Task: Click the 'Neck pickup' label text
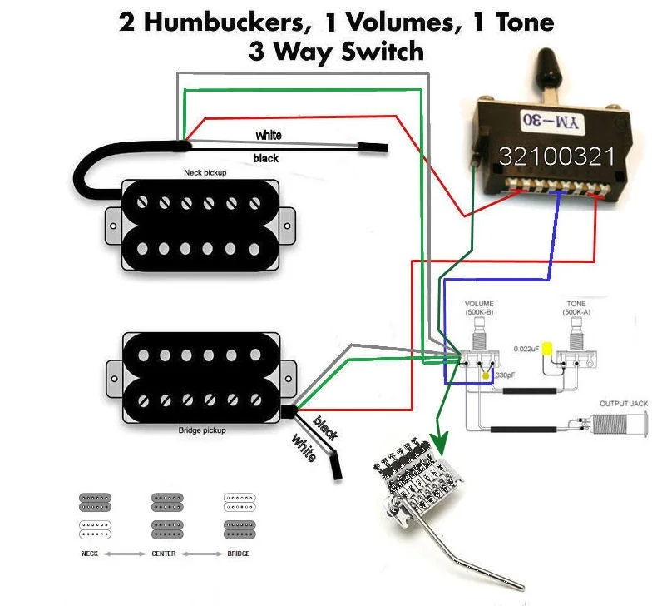[x=205, y=173]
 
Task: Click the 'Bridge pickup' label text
[x=202, y=430]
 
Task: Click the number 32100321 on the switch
[x=556, y=156]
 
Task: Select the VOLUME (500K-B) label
[x=479, y=309]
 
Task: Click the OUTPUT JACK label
[x=623, y=404]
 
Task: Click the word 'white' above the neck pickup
[x=268, y=135]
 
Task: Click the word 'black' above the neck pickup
[x=266, y=158]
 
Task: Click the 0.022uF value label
[x=526, y=348]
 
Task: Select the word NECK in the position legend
[x=91, y=554]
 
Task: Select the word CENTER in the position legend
[x=163, y=554]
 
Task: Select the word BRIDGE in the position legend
[x=236, y=554]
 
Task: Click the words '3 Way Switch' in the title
[x=336, y=52]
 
